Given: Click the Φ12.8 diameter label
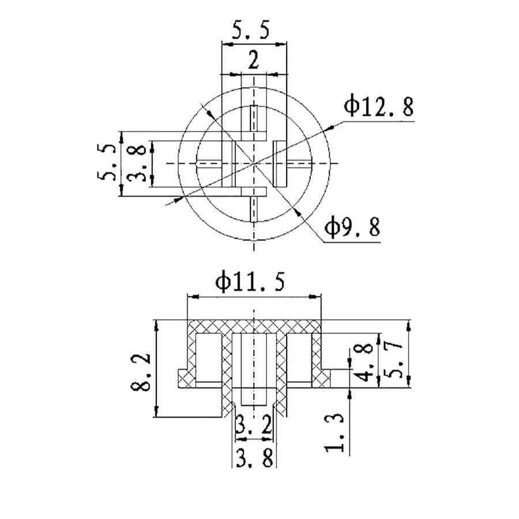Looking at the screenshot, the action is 379,107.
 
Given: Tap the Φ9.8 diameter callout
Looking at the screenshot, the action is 352,227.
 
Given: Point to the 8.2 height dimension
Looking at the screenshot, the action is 141,372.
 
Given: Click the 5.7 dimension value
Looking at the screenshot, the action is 393,361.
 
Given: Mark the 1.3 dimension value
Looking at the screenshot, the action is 334,432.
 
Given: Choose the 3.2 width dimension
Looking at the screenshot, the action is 254,424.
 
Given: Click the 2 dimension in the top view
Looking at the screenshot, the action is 254,61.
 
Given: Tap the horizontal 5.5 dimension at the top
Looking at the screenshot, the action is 251,30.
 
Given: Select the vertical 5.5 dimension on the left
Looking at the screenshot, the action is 107,162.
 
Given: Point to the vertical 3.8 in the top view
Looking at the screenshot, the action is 136,163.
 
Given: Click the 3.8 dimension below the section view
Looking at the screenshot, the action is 255,458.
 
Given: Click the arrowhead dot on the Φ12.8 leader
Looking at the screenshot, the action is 330,128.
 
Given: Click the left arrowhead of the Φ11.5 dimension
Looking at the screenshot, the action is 193,297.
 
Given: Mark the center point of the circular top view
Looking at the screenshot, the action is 254,163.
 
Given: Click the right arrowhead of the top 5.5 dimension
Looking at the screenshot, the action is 281,44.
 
